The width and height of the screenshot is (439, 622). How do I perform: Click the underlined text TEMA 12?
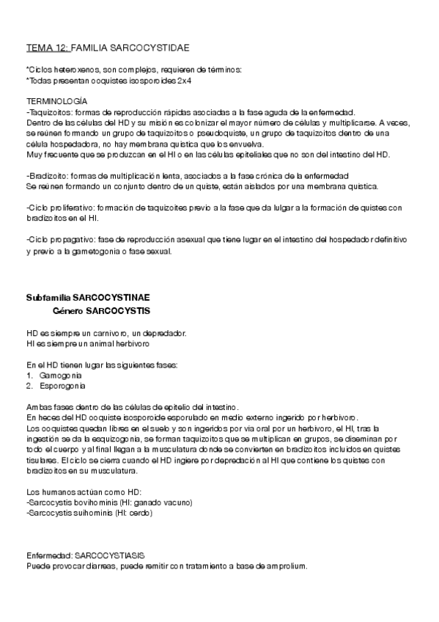(x=48, y=48)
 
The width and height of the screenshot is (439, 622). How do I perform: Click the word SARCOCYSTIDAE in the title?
(x=152, y=48)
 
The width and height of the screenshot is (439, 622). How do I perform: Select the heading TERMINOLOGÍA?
(x=56, y=99)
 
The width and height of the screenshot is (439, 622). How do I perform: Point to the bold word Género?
(x=68, y=310)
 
